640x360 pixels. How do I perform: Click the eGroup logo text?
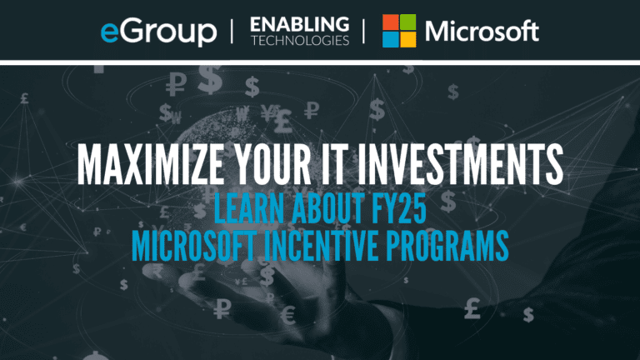click(x=159, y=32)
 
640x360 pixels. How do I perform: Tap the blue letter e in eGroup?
click(x=110, y=32)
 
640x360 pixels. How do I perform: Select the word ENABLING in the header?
click(x=300, y=24)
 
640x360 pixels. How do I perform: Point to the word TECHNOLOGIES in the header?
click(x=300, y=40)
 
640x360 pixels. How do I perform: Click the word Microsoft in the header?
click(x=482, y=31)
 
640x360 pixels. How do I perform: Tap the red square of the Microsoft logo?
click(x=390, y=22)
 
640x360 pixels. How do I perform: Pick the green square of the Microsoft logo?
click(x=407, y=22)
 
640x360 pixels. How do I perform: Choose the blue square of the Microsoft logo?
click(x=390, y=40)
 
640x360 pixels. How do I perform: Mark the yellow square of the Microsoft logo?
click(x=407, y=40)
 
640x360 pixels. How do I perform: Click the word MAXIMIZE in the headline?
click(x=151, y=164)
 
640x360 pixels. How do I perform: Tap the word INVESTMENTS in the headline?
click(x=460, y=164)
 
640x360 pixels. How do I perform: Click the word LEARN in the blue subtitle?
click(x=248, y=208)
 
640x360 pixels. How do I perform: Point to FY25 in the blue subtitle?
click(x=399, y=208)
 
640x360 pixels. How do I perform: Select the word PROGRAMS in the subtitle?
click(x=447, y=246)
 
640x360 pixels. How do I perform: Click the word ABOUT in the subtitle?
click(x=327, y=208)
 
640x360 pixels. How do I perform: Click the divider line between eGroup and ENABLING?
click(x=232, y=32)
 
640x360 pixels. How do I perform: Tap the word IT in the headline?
click(x=334, y=164)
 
